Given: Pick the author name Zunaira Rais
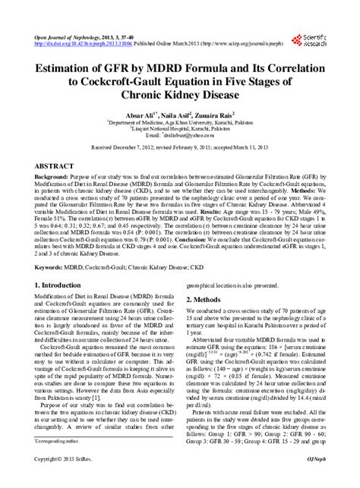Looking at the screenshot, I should [222, 121].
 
